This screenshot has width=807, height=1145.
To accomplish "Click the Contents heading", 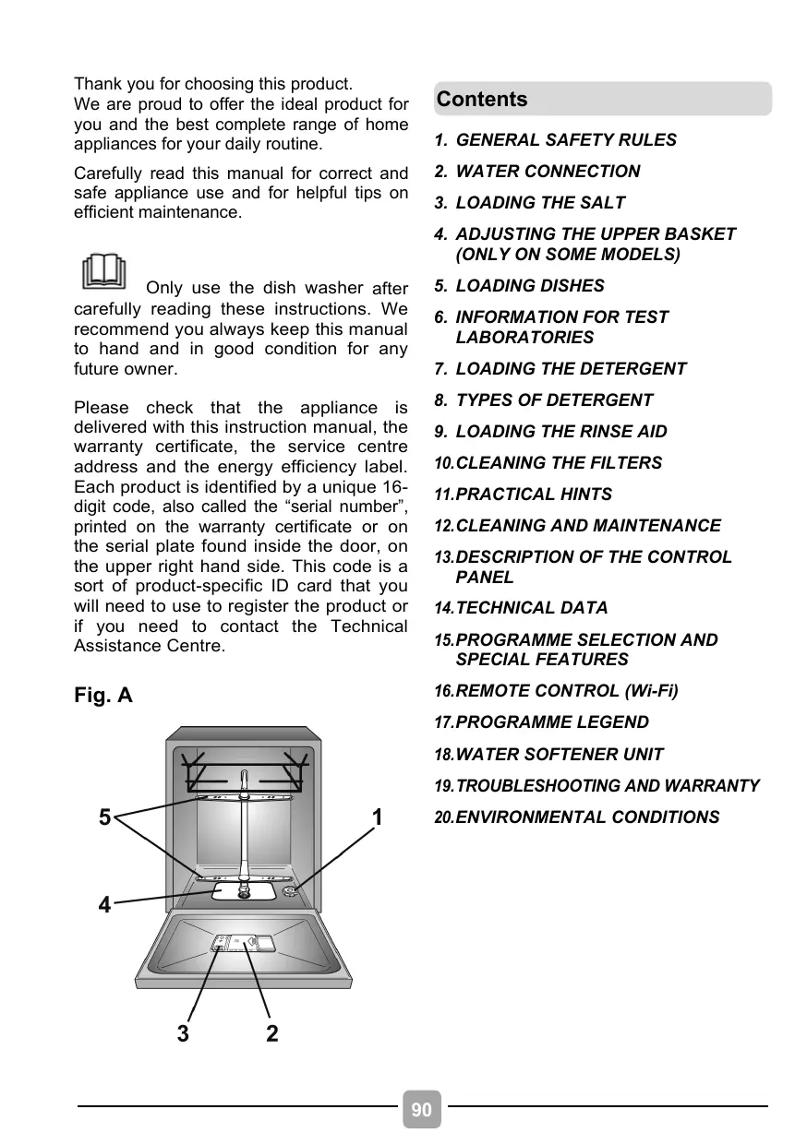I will click(x=482, y=100).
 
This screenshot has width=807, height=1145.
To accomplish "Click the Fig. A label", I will click(x=102, y=695).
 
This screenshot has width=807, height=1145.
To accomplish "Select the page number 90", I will click(x=421, y=1110).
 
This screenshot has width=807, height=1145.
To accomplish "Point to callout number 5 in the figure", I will click(x=105, y=817).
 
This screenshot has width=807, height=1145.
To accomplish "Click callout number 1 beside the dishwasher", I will click(x=377, y=817).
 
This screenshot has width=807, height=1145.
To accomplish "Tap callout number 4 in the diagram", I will click(x=105, y=905).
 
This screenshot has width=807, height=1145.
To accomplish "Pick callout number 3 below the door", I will click(x=183, y=1033).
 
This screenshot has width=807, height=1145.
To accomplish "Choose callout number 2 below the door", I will click(x=271, y=1033).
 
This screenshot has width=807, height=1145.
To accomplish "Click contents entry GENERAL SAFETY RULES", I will click(x=565, y=140).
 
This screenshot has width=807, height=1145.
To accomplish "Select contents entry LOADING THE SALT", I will click(x=540, y=203).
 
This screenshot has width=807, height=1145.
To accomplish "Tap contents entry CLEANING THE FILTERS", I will click(x=559, y=463).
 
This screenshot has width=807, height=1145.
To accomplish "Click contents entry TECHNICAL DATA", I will click(x=532, y=608).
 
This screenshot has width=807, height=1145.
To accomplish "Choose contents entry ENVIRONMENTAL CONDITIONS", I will click(x=587, y=817).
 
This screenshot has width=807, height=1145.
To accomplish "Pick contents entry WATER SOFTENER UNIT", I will click(x=560, y=755).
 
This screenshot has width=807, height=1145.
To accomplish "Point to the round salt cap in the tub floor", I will click(x=290, y=890).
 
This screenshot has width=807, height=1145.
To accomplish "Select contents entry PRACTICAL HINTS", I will click(x=534, y=495).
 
